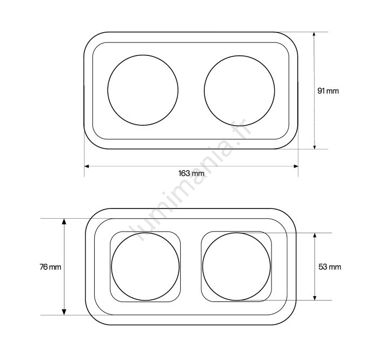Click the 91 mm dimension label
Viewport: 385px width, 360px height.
click(328, 91)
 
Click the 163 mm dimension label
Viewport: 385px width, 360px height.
click(191, 174)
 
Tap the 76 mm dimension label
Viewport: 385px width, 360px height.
click(51, 267)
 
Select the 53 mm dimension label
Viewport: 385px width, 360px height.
click(330, 267)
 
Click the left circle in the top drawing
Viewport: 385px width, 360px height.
click(108, 90)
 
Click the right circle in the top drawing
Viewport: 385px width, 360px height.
click(204, 91)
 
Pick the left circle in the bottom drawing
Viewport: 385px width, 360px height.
click(111, 267)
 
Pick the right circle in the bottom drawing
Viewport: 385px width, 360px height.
click(203, 267)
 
